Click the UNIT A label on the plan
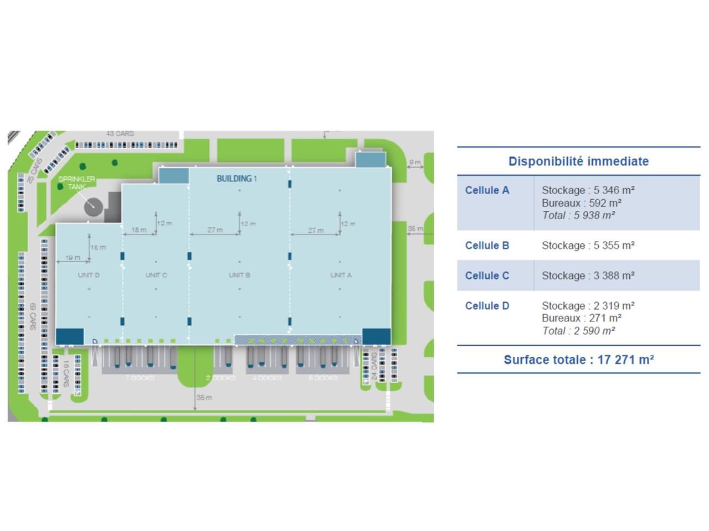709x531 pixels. coord(341,275)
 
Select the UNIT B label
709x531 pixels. coord(239,275)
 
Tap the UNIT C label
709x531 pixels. coord(156,275)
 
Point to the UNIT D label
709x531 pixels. coord(89,275)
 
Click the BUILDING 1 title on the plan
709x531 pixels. coord(237,179)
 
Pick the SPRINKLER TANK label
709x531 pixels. coord(76,183)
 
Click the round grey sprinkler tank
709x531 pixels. coord(93,207)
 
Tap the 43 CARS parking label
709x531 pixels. coord(120,134)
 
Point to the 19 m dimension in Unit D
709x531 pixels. coord(73,258)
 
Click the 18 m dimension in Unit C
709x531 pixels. coord(139,230)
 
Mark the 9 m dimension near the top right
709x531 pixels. coord(415,162)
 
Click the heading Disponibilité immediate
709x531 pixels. coord(578,162)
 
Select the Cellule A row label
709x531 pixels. coord(487,190)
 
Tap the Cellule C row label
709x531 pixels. coord(487,275)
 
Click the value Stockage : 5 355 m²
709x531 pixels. coord(588,246)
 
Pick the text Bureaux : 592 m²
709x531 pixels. coord(581,203)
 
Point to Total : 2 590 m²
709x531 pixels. coord(578,331)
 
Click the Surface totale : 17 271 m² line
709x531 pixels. coord(578,360)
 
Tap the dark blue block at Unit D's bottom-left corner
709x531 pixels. coord(70,336)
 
